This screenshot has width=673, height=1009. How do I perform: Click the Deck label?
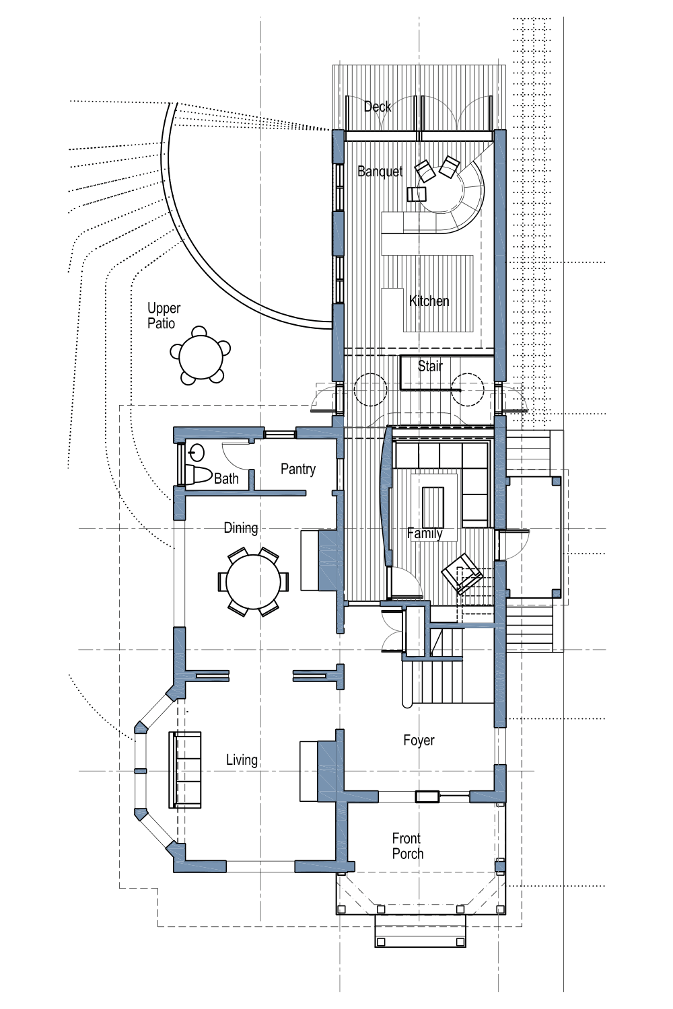click(x=378, y=106)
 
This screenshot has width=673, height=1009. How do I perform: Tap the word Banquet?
click(x=380, y=172)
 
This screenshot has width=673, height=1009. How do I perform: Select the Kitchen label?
click(x=429, y=301)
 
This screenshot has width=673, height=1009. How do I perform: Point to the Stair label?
click(x=430, y=366)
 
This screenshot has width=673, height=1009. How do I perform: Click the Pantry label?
click(x=298, y=469)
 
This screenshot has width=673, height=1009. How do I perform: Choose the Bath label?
click(x=226, y=478)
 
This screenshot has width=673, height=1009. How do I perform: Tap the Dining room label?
click(x=241, y=528)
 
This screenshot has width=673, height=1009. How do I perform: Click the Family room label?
click(x=425, y=533)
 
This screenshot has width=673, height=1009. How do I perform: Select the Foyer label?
click(x=419, y=741)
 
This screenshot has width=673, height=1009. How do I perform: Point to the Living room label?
click(x=242, y=760)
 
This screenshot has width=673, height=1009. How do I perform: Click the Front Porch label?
click(x=407, y=846)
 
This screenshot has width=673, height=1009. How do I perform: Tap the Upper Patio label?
click(x=164, y=315)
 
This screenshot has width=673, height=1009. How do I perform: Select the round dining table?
click(x=253, y=582)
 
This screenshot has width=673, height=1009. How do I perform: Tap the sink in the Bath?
click(x=197, y=451)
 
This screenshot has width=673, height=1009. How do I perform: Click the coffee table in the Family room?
click(x=433, y=507)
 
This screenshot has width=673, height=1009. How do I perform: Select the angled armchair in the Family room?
click(x=462, y=573)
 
